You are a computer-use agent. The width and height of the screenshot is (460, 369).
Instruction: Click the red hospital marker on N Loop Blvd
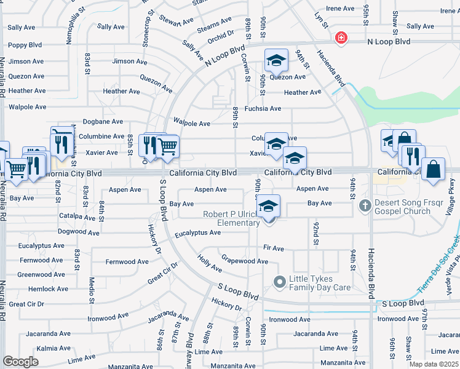pos(341,39)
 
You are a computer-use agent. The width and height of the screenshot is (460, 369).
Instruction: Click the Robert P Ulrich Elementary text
pos(232,218)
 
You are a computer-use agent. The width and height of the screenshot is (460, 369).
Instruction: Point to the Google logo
pos(20,362)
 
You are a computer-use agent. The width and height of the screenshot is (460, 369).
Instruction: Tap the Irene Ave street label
pos(340,9)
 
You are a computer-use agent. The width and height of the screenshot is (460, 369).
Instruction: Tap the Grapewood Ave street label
pos(244,261)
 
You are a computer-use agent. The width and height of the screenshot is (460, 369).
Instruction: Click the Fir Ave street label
pos(273,248)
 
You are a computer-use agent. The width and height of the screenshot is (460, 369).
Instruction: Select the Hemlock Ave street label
pos(49,289)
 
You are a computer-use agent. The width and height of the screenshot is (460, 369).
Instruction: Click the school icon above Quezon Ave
pos(276,60)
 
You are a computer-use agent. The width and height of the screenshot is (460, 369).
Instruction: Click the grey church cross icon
pos(364,205)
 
